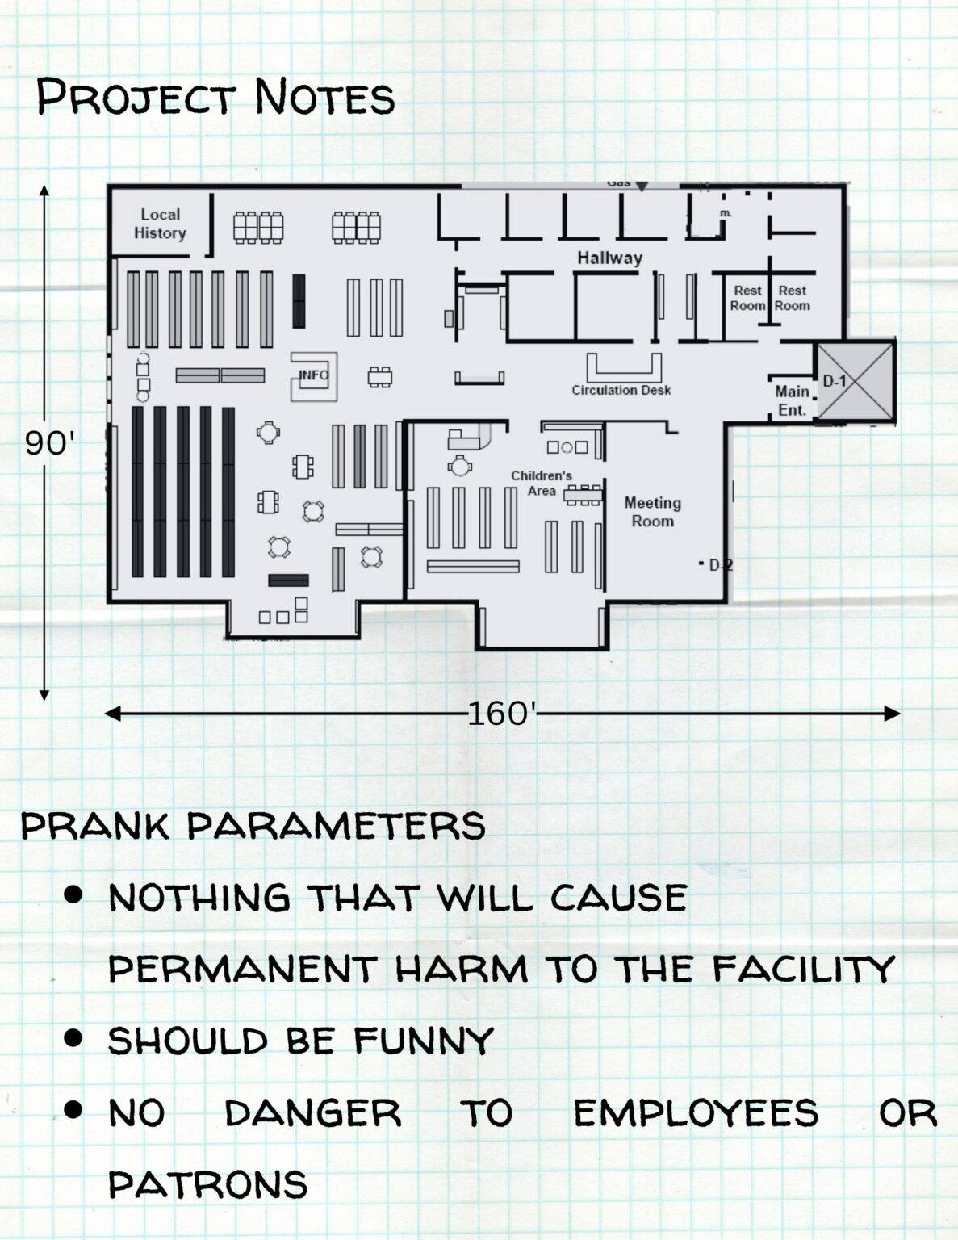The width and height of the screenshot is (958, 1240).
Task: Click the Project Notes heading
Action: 215,98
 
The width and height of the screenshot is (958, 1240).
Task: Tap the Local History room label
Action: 160,224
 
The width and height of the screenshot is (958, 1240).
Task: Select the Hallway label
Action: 609,258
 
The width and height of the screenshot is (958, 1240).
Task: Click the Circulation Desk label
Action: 621,391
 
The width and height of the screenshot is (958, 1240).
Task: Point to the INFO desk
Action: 314,376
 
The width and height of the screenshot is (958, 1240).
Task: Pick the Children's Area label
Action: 542,483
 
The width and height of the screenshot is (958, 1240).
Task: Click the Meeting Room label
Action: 652,512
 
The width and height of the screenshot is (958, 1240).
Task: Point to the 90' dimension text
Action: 50,443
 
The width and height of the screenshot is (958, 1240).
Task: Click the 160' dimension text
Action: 502,714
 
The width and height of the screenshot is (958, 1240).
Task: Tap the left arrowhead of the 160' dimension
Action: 111,714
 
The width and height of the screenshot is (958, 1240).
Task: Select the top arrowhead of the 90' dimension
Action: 44,191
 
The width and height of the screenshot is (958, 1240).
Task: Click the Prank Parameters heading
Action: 253,826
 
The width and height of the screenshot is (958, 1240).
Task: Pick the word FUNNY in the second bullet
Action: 424,1041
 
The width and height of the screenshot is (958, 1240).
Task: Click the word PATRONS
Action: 208,1184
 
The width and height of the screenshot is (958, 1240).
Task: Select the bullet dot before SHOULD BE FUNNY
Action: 73,1037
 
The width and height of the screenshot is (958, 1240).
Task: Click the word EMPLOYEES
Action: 696,1113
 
